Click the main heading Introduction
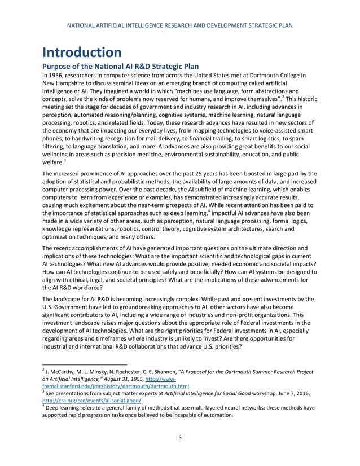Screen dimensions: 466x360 82,52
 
